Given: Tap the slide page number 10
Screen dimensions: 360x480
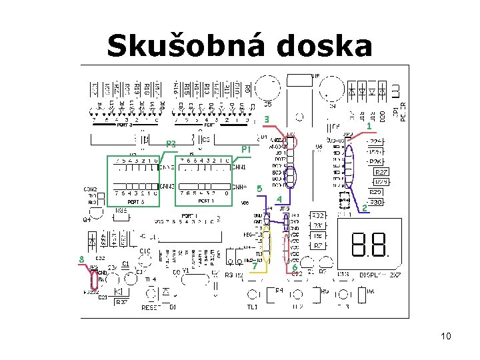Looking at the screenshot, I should [x=445, y=336].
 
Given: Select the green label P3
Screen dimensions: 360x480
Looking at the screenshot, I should [x=171, y=144].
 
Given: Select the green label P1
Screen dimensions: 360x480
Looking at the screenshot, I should [x=245, y=149].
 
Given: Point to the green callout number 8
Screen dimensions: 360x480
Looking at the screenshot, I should [x=81, y=259].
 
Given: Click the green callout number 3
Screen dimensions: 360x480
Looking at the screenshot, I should [x=267, y=120].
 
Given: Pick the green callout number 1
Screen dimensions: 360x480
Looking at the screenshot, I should [x=369, y=127].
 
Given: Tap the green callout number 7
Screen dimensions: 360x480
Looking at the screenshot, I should [x=255, y=266].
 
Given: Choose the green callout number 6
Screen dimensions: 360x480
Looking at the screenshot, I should [x=294, y=267].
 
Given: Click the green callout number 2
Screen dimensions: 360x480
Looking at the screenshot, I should [x=364, y=209].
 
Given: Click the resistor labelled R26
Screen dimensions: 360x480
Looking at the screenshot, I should [x=376, y=161].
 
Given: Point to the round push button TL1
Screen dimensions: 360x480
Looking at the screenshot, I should [x=253, y=295].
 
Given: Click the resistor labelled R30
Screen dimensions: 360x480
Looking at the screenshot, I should [x=375, y=202].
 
